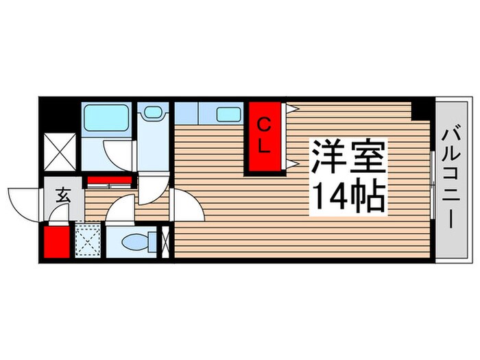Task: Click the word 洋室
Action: click(349, 157)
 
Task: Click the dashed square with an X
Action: click(88, 240)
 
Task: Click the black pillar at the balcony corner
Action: click(424, 108)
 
